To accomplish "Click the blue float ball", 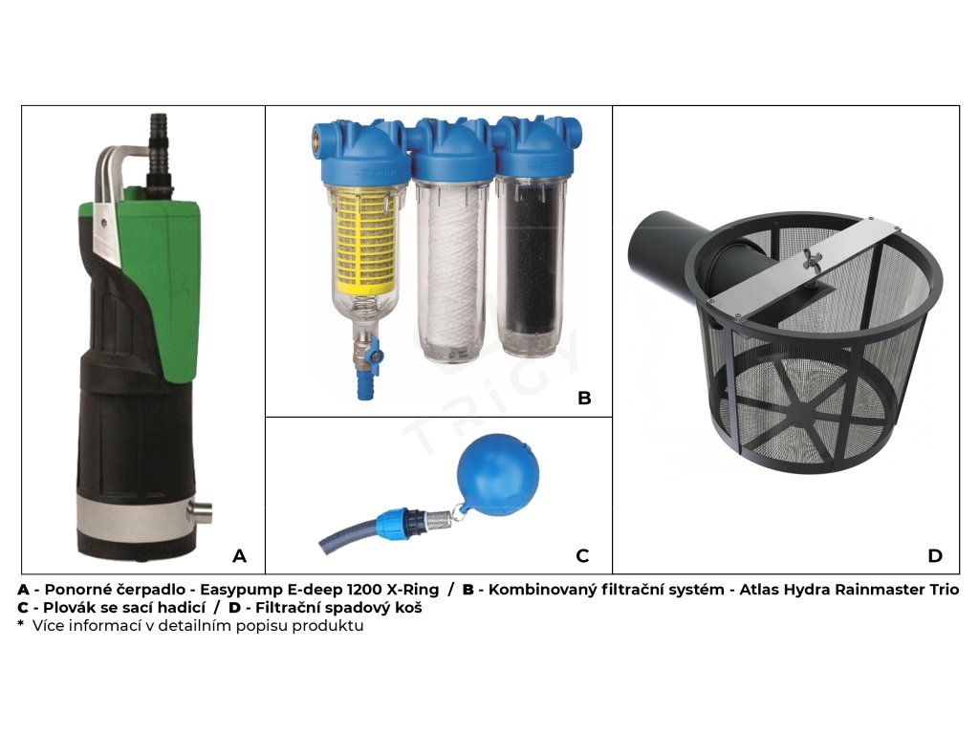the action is (x=497, y=478).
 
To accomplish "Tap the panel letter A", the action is (x=239, y=555).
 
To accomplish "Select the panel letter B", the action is (x=584, y=398).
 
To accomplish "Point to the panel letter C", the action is (x=582, y=555).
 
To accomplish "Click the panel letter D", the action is (x=935, y=555).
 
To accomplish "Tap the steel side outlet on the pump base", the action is (x=201, y=512).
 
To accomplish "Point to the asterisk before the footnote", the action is (x=21, y=623).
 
